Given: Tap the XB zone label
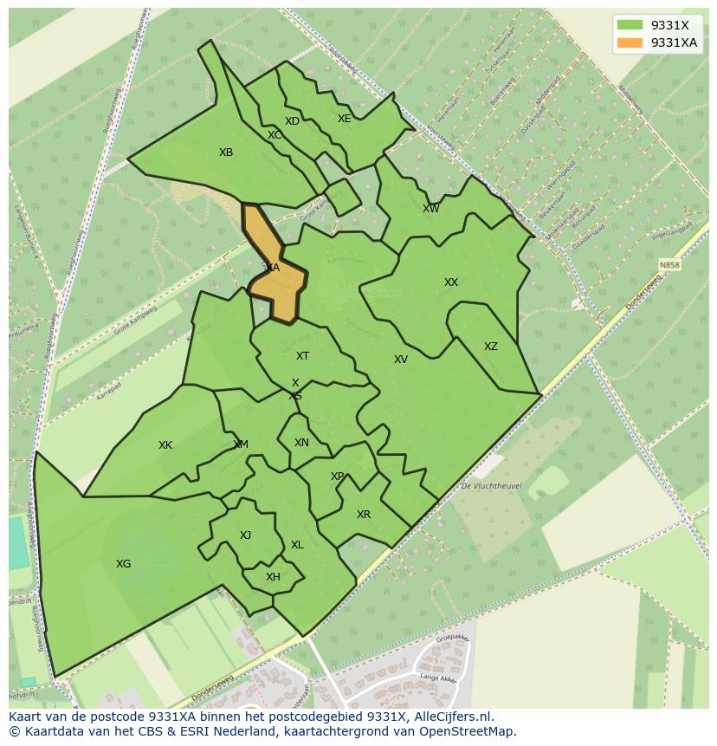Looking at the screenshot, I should [226, 152].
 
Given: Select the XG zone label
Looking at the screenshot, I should [124, 564].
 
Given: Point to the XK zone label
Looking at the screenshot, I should [165, 445].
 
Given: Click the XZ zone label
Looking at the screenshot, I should [491, 347].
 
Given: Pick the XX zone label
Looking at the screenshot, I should [451, 282].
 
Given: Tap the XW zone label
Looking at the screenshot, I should [431, 209].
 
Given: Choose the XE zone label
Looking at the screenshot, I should [345, 119].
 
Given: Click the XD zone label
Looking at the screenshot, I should [292, 121].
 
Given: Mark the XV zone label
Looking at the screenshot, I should [401, 360].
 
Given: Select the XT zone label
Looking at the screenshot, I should [302, 356].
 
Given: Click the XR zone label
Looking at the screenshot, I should [364, 515].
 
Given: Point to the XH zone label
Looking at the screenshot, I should [273, 577].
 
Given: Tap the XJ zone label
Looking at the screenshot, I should [245, 535].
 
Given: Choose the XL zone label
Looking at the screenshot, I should [297, 545].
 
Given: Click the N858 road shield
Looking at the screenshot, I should [669, 265].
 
